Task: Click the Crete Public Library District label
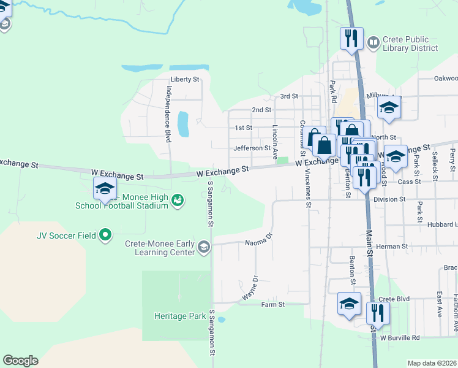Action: tap(410, 43)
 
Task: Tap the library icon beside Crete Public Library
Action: tap(374, 42)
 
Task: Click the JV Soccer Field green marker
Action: tap(105, 234)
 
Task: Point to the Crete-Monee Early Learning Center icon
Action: tap(203, 247)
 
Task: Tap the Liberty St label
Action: tap(185, 80)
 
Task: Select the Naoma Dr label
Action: tap(258, 242)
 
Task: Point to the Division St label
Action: tap(389, 199)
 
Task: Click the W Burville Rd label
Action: tap(399, 338)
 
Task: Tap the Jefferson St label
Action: tap(252, 148)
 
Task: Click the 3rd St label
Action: tap(288, 96)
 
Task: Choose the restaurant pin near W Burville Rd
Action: tap(378, 313)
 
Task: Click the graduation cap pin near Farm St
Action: tap(349, 304)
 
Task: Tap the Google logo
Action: tap(20, 361)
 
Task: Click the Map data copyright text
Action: tap(432, 363)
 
